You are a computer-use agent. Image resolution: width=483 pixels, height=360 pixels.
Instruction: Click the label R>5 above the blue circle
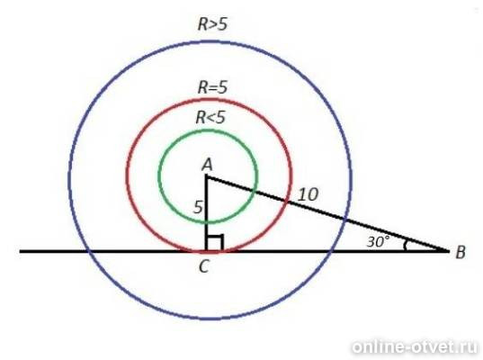[x=213, y=24]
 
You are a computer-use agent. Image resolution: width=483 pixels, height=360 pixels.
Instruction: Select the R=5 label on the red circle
[x=212, y=87]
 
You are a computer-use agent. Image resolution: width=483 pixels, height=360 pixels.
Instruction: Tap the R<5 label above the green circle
[x=210, y=117]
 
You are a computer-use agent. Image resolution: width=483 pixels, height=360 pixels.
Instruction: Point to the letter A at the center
[x=207, y=165]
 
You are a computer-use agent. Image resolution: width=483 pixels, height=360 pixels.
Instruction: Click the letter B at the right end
[x=461, y=252]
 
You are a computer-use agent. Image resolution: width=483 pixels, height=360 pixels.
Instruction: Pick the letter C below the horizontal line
[x=204, y=266]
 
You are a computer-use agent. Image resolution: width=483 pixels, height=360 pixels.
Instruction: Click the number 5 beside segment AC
[x=199, y=207]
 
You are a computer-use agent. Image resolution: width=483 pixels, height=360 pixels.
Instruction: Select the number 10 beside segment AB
[x=309, y=194]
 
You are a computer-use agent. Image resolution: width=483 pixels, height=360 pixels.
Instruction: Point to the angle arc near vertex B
[x=406, y=245]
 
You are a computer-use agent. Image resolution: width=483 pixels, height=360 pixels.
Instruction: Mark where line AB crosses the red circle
[x=288, y=202]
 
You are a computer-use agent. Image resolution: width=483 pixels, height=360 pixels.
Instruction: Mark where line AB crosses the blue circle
[x=345, y=220]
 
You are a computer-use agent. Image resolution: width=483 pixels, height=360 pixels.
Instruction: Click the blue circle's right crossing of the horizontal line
[x=330, y=251]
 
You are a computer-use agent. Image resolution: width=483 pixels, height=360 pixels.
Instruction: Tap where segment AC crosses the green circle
[x=206, y=221]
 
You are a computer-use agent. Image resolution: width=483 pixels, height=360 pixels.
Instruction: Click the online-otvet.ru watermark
[x=416, y=347]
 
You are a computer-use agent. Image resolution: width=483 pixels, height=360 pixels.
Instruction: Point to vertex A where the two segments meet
[x=206, y=176]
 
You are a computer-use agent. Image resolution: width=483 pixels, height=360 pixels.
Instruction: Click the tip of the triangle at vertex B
[x=449, y=251]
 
